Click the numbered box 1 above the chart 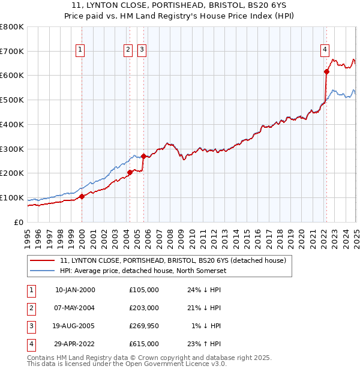[x=80, y=50]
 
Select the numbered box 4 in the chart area [x=325, y=50]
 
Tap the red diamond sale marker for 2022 [x=327, y=71]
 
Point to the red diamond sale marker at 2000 [x=82, y=196]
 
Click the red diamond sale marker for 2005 [x=144, y=156]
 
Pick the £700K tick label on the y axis [x=12, y=51]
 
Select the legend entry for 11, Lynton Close [x=173, y=260]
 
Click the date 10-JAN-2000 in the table [x=75, y=290]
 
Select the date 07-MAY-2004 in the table [x=75, y=308]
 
